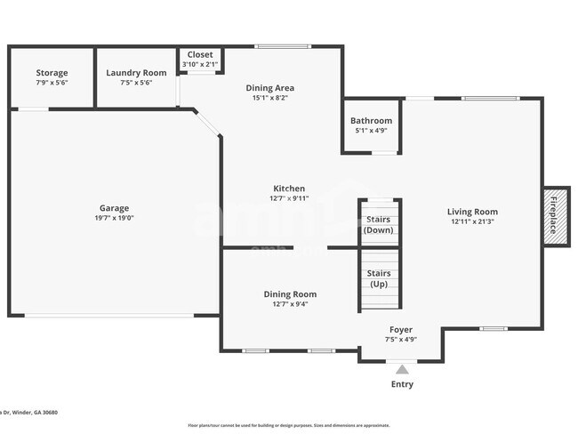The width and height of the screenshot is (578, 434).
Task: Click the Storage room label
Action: point(52,73)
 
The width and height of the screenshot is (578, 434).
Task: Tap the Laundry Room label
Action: point(136,73)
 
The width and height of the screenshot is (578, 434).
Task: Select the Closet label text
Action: point(199,54)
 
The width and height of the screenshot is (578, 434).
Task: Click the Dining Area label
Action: point(269,88)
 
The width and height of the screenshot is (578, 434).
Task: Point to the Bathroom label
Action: point(371,120)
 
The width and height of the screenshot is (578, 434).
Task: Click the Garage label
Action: point(114,207)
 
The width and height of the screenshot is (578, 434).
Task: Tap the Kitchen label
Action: point(289,189)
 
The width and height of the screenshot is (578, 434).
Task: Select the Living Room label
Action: point(472,212)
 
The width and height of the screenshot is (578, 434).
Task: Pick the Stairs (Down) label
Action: point(378,224)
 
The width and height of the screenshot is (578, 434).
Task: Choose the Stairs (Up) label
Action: point(378,278)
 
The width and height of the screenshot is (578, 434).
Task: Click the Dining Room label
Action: point(290,294)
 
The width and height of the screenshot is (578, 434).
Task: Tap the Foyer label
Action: point(401,329)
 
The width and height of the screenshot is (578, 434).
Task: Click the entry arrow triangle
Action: point(402,369)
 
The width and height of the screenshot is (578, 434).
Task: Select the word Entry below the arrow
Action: point(402,384)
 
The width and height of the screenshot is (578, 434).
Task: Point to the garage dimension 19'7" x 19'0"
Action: point(114,218)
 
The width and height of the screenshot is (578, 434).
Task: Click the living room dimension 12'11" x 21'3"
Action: point(472,222)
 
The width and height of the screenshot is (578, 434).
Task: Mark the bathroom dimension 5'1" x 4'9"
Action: point(371,131)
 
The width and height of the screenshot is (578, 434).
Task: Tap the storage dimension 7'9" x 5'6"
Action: point(52,83)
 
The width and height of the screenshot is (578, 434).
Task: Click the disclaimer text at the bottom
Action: point(288,425)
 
